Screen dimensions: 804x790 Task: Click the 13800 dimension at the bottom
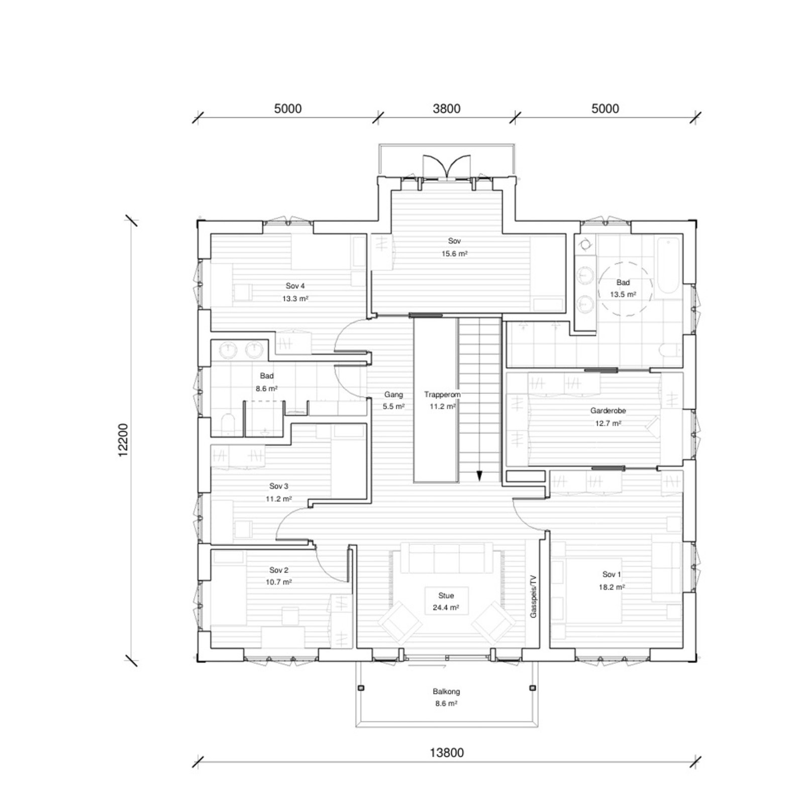(446, 752)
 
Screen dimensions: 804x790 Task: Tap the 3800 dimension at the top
(447, 109)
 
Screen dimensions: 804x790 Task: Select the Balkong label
(446, 692)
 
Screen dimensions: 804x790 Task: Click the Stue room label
(446, 596)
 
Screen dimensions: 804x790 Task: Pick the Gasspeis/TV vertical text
(533, 597)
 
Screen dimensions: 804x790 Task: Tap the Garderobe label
(608, 411)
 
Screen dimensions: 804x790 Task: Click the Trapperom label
(442, 394)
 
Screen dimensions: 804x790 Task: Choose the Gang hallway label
(393, 394)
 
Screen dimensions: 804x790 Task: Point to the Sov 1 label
(612, 574)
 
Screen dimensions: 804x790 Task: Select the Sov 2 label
(279, 570)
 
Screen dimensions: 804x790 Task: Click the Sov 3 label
(279, 486)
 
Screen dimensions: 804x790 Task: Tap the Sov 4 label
(295, 286)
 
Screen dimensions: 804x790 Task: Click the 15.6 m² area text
(454, 254)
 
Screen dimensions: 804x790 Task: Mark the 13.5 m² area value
(623, 294)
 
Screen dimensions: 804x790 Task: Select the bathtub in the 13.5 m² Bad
(668, 266)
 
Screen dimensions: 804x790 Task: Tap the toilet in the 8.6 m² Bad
(228, 425)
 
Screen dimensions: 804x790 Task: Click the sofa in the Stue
(446, 558)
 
